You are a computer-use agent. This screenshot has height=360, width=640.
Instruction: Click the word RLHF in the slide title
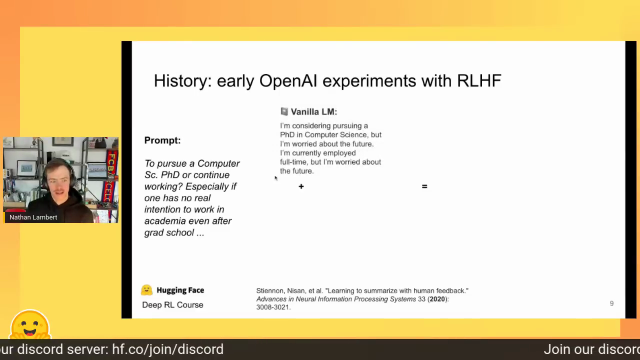point(479,80)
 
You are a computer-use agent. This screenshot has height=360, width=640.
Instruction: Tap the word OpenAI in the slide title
point(288,80)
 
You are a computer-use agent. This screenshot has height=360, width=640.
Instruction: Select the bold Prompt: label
point(162,140)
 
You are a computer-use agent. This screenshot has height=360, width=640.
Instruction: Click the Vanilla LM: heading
point(313,111)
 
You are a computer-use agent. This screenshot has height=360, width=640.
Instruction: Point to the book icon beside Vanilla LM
point(284,111)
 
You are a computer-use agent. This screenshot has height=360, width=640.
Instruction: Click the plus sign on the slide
point(301,186)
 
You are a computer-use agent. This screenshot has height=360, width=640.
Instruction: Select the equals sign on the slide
point(424,186)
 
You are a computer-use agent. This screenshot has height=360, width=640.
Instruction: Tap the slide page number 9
point(611,303)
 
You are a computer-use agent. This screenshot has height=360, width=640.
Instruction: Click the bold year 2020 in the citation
point(437,299)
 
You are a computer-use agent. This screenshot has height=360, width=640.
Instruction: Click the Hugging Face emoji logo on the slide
point(146,290)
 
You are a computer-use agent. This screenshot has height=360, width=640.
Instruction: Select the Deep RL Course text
point(172,305)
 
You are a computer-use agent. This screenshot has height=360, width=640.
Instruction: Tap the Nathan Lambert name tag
point(33,217)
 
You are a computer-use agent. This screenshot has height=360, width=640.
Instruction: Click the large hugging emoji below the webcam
point(30,324)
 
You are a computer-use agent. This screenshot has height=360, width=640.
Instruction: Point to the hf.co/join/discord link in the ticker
point(167,349)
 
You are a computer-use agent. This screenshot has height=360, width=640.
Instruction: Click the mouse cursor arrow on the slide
point(276,178)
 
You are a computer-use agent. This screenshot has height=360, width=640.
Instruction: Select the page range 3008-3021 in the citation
point(272,307)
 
